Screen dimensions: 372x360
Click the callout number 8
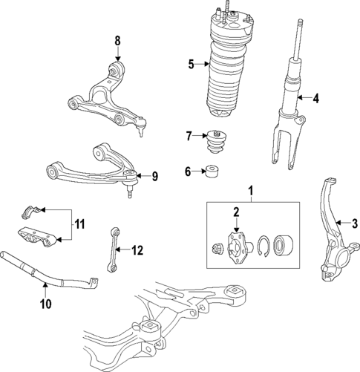tap(117, 40)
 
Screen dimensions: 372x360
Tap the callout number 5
tap(190, 65)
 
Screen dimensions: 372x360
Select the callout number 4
tap(315, 97)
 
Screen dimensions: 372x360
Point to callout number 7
tap(189, 135)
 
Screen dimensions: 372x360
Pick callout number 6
tap(189, 172)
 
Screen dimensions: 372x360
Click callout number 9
tap(155, 176)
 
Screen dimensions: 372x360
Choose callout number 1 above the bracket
tap(251, 191)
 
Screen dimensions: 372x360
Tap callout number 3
tap(354, 222)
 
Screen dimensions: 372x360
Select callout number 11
tap(80, 222)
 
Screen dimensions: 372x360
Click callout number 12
tap(136, 250)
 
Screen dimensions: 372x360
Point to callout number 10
tap(44, 303)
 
